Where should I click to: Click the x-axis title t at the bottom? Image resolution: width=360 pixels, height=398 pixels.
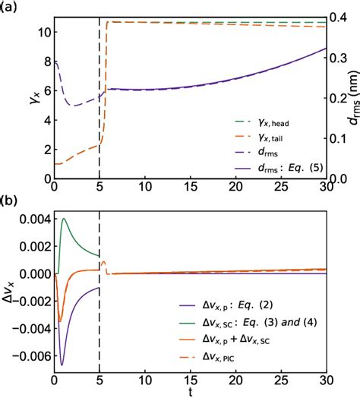coord(190,392)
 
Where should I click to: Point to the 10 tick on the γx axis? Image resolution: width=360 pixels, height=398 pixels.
coord(42,32)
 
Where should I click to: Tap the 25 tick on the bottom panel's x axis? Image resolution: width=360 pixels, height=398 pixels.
coord(280,379)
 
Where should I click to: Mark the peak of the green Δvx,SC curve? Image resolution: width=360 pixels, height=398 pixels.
coord(64,219)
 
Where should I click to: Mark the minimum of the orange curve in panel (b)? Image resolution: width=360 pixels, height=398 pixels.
coord(60,321)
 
